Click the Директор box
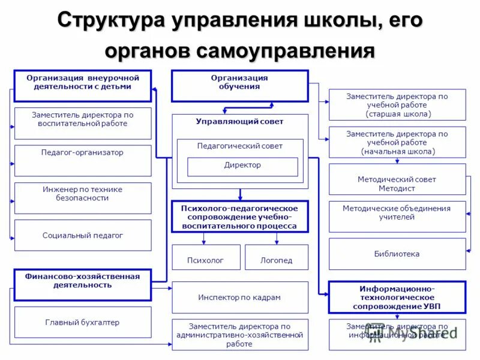tap(242, 166)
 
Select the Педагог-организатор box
tap(83, 160)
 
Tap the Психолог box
tap(206, 257)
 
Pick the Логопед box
tap(277, 257)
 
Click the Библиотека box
tap(397, 254)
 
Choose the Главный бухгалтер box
tap(83, 322)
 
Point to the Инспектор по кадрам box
tap(240, 297)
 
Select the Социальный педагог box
tap(83, 235)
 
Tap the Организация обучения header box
tap(239, 86)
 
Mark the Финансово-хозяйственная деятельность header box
tap(83, 284)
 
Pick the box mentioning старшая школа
tap(397, 105)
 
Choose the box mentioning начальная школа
tap(397, 142)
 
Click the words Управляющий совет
tap(240, 121)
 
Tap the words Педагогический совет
tap(240, 146)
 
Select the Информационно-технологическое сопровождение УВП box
tap(397, 298)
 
